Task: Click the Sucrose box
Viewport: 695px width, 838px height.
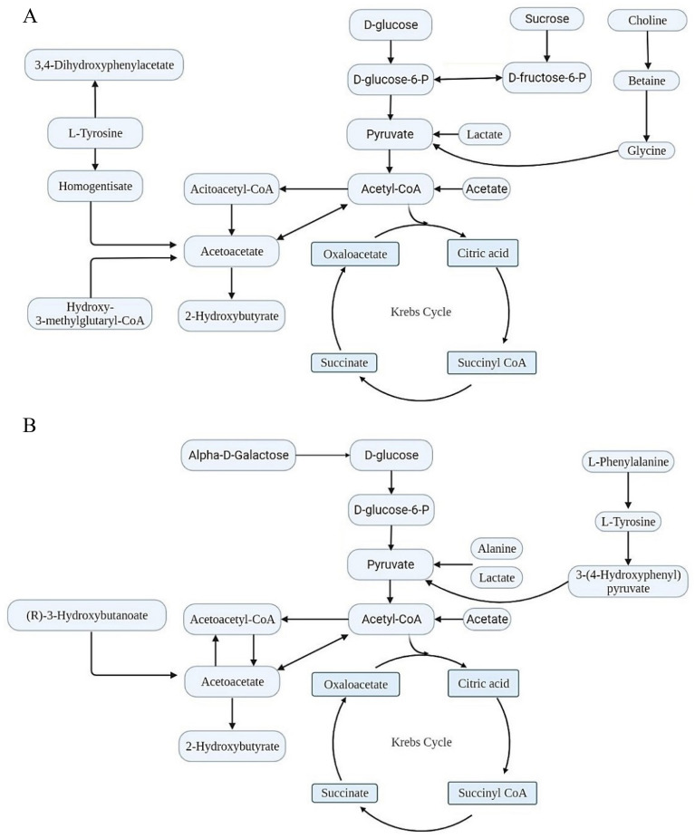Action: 545,18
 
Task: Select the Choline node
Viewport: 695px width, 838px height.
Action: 646,20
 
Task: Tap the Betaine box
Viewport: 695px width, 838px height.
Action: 646,81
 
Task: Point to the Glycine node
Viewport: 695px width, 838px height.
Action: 646,150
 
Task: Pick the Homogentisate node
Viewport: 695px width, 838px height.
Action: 91,185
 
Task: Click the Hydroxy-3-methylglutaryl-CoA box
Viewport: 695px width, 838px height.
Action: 91,313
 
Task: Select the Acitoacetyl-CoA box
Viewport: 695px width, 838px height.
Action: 233,189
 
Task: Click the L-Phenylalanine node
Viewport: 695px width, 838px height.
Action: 626,462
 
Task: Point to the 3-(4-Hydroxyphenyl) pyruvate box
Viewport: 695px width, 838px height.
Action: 626,580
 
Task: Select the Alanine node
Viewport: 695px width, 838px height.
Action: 497,548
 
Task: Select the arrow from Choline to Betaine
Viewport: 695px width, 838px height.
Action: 646,51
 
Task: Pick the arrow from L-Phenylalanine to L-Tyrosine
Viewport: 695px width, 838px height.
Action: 626,492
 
